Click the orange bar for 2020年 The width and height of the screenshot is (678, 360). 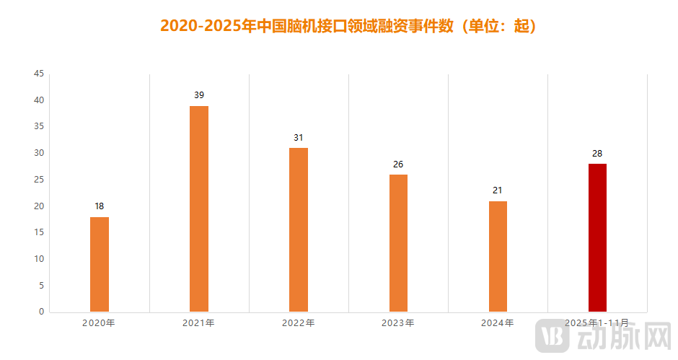100,264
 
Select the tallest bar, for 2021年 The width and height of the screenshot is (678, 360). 199,208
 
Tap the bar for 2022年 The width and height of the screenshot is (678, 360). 299,229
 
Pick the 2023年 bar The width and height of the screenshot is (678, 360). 398,243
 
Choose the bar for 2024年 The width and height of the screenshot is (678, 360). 498,256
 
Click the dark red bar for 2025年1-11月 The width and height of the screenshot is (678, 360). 597,237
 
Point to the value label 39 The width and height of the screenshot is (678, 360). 199,95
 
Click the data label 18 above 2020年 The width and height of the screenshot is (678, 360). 100,206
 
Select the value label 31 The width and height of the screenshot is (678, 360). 299,138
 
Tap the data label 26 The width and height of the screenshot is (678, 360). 398,164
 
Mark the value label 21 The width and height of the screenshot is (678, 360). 498,190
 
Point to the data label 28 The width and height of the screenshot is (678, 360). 597,153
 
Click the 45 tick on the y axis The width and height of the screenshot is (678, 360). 39,74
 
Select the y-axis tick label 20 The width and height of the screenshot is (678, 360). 39,206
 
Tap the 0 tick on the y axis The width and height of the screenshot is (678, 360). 41,312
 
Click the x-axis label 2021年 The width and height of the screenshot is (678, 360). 198,323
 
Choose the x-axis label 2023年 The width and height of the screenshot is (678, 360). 397,323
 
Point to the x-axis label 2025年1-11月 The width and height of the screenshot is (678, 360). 596,323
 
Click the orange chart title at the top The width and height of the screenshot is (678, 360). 348,27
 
